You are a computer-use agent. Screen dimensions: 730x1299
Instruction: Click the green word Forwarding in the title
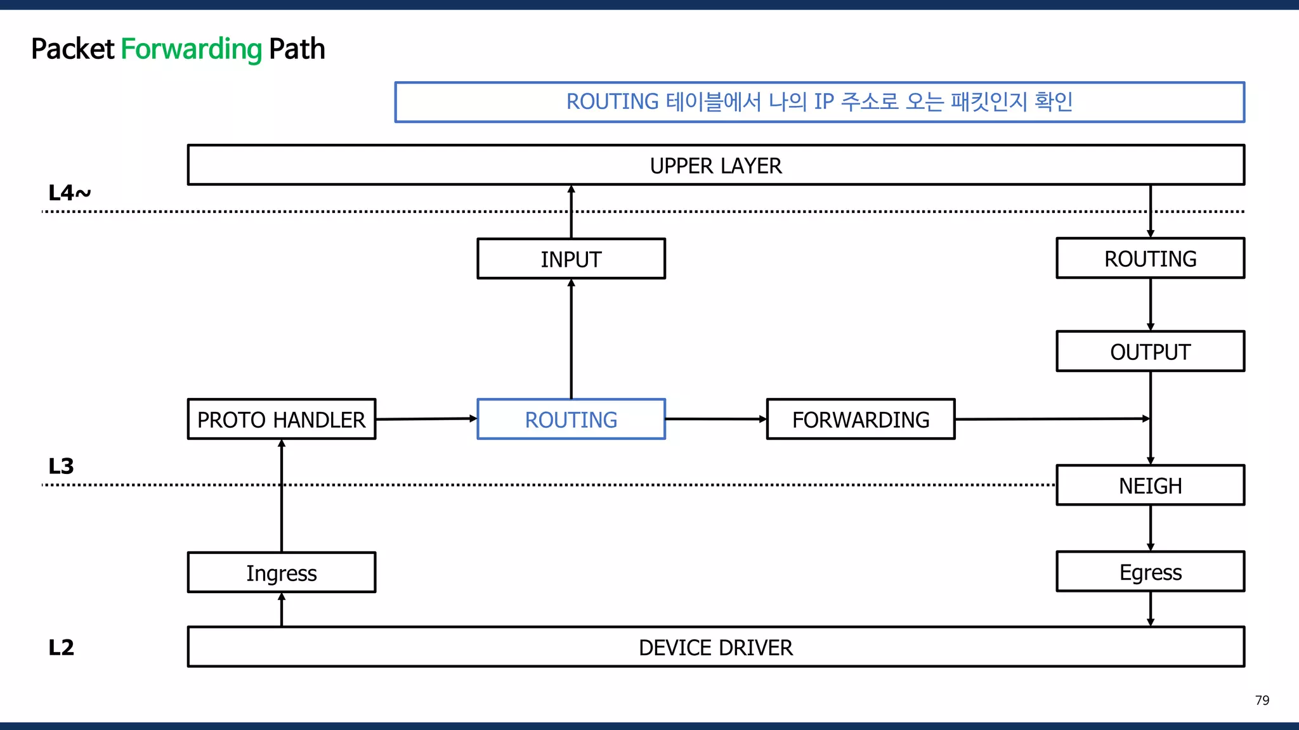tap(191, 49)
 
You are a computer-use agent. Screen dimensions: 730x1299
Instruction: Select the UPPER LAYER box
tap(715, 165)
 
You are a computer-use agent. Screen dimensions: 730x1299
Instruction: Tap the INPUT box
tap(571, 259)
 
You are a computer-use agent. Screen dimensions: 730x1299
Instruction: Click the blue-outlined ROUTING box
tap(571, 419)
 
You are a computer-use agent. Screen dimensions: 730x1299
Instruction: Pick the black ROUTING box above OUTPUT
tap(1150, 259)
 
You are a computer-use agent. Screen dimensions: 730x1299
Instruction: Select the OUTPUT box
tap(1150, 352)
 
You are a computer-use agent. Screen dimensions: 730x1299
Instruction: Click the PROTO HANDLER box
tap(281, 419)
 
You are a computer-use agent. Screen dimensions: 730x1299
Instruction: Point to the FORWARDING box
tap(860, 419)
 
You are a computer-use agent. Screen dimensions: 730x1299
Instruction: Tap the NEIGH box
tap(1150, 486)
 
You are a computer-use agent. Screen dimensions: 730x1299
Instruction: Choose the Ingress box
tap(281, 573)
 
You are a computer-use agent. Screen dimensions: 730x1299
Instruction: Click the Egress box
tap(1150, 572)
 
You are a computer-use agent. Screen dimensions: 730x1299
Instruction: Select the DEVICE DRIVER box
tap(715, 648)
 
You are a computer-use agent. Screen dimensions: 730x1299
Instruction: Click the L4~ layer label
tap(69, 193)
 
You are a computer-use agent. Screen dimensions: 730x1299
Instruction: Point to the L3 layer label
tap(61, 466)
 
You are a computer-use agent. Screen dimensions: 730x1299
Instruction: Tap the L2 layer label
tap(61, 648)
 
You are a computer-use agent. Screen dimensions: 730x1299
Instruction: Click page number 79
tap(1262, 700)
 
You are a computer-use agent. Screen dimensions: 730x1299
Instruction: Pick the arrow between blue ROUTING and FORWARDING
tap(715, 419)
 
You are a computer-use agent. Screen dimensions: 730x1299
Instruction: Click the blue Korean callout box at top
tap(819, 102)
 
